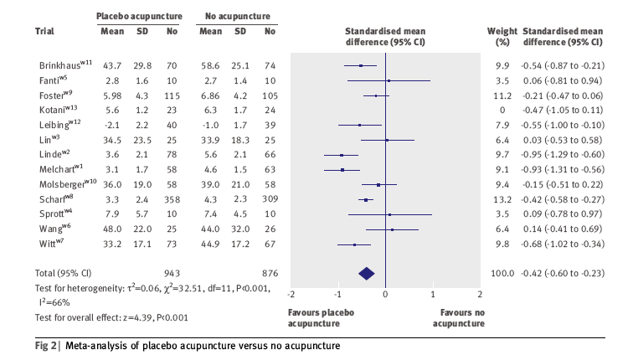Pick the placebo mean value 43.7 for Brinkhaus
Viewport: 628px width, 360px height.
[x=112, y=65]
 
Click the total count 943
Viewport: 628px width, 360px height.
[x=172, y=273]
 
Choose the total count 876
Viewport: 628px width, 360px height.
[x=269, y=273]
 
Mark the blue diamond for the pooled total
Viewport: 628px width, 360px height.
[x=366, y=273]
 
